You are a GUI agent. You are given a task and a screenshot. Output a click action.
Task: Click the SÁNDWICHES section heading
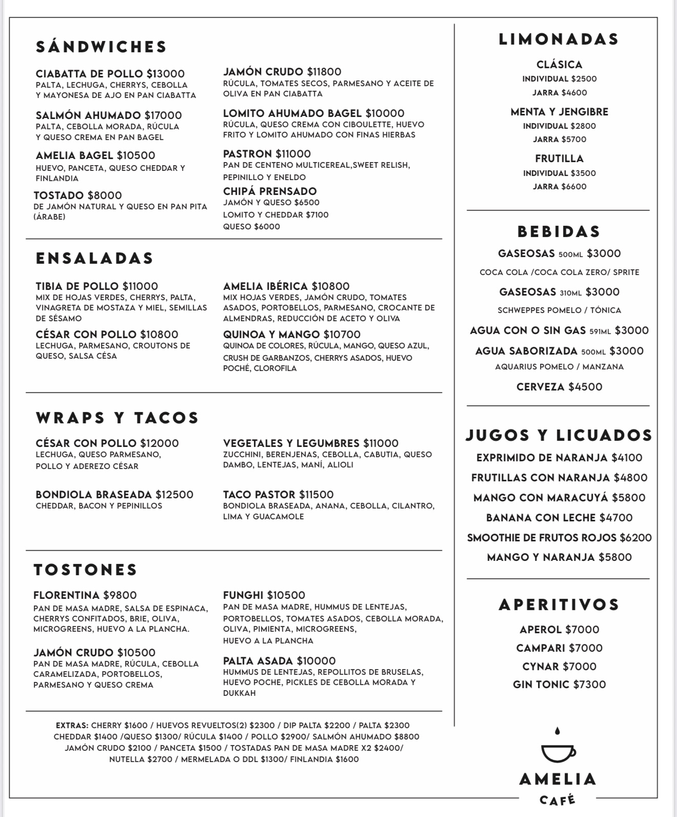tap(102, 47)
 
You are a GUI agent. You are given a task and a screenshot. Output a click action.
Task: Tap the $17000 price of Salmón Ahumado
tap(163, 115)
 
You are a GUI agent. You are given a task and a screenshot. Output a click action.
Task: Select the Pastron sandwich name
tap(248, 154)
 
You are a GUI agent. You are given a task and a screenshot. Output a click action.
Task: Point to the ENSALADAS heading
tap(95, 258)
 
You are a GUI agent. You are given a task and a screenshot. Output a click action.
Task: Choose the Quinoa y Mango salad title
tap(271, 335)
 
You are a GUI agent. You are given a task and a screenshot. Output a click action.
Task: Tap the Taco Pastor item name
tap(259, 495)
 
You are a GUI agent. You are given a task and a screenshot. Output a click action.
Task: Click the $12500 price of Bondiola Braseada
tap(174, 495)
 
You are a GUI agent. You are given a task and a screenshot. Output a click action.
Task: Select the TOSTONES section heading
tap(86, 570)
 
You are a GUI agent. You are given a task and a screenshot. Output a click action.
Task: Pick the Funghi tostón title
tap(243, 595)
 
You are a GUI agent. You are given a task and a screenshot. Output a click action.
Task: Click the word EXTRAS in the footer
tap(72, 726)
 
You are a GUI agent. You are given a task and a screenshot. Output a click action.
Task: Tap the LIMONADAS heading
tap(559, 40)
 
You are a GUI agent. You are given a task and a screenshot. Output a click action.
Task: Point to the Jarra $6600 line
tap(560, 187)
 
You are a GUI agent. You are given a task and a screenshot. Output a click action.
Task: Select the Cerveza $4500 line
tap(560, 387)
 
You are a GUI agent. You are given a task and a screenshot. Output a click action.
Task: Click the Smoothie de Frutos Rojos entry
tap(559, 538)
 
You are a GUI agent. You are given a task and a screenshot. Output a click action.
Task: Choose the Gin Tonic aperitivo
tap(559, 685)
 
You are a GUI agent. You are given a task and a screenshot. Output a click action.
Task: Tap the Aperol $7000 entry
tap(559, 630)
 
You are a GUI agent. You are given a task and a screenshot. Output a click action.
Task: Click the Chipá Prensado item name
tap(270, 191)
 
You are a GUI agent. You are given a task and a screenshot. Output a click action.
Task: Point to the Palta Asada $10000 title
tap(280, 661)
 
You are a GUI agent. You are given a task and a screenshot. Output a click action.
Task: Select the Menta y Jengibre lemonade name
tap(559, 112)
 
